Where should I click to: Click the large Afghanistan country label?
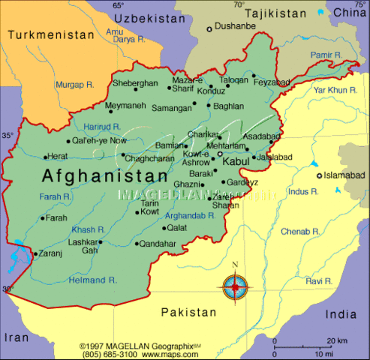pos(105,176)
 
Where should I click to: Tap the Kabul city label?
pos(236,161)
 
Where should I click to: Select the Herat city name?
pos(57,157)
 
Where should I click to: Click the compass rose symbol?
pos(235,285)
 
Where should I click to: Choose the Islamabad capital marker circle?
pos(319,175)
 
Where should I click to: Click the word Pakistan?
pos(189,311)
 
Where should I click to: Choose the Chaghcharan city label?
pos(150,158)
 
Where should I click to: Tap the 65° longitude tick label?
pos(118,5)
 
